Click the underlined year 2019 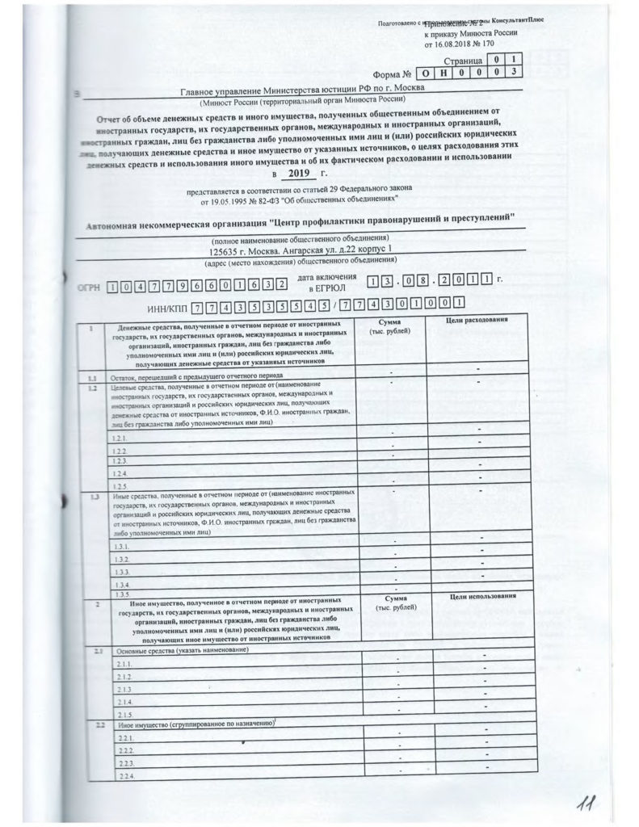(x=299, y=173)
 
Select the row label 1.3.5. (x=123, y=594)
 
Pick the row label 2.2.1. (x=124, y=739)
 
